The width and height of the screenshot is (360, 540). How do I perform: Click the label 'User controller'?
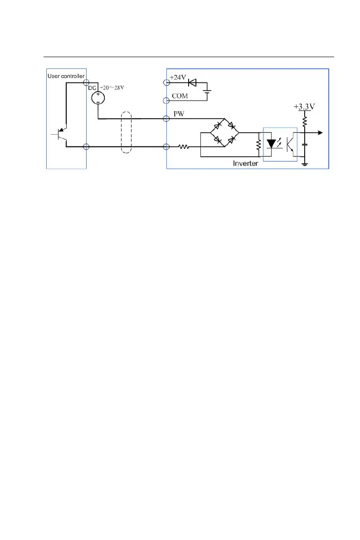(x=66, y=76)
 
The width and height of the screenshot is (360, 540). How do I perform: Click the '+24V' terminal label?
(x=178, y=78)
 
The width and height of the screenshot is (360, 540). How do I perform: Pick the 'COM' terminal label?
(x=180, y=96)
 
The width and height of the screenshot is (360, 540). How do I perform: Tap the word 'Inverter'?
(x=245, y=163)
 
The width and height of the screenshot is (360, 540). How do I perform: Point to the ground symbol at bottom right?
(x=305, y=164)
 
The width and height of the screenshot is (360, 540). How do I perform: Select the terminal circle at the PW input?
(x=166, y=119)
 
